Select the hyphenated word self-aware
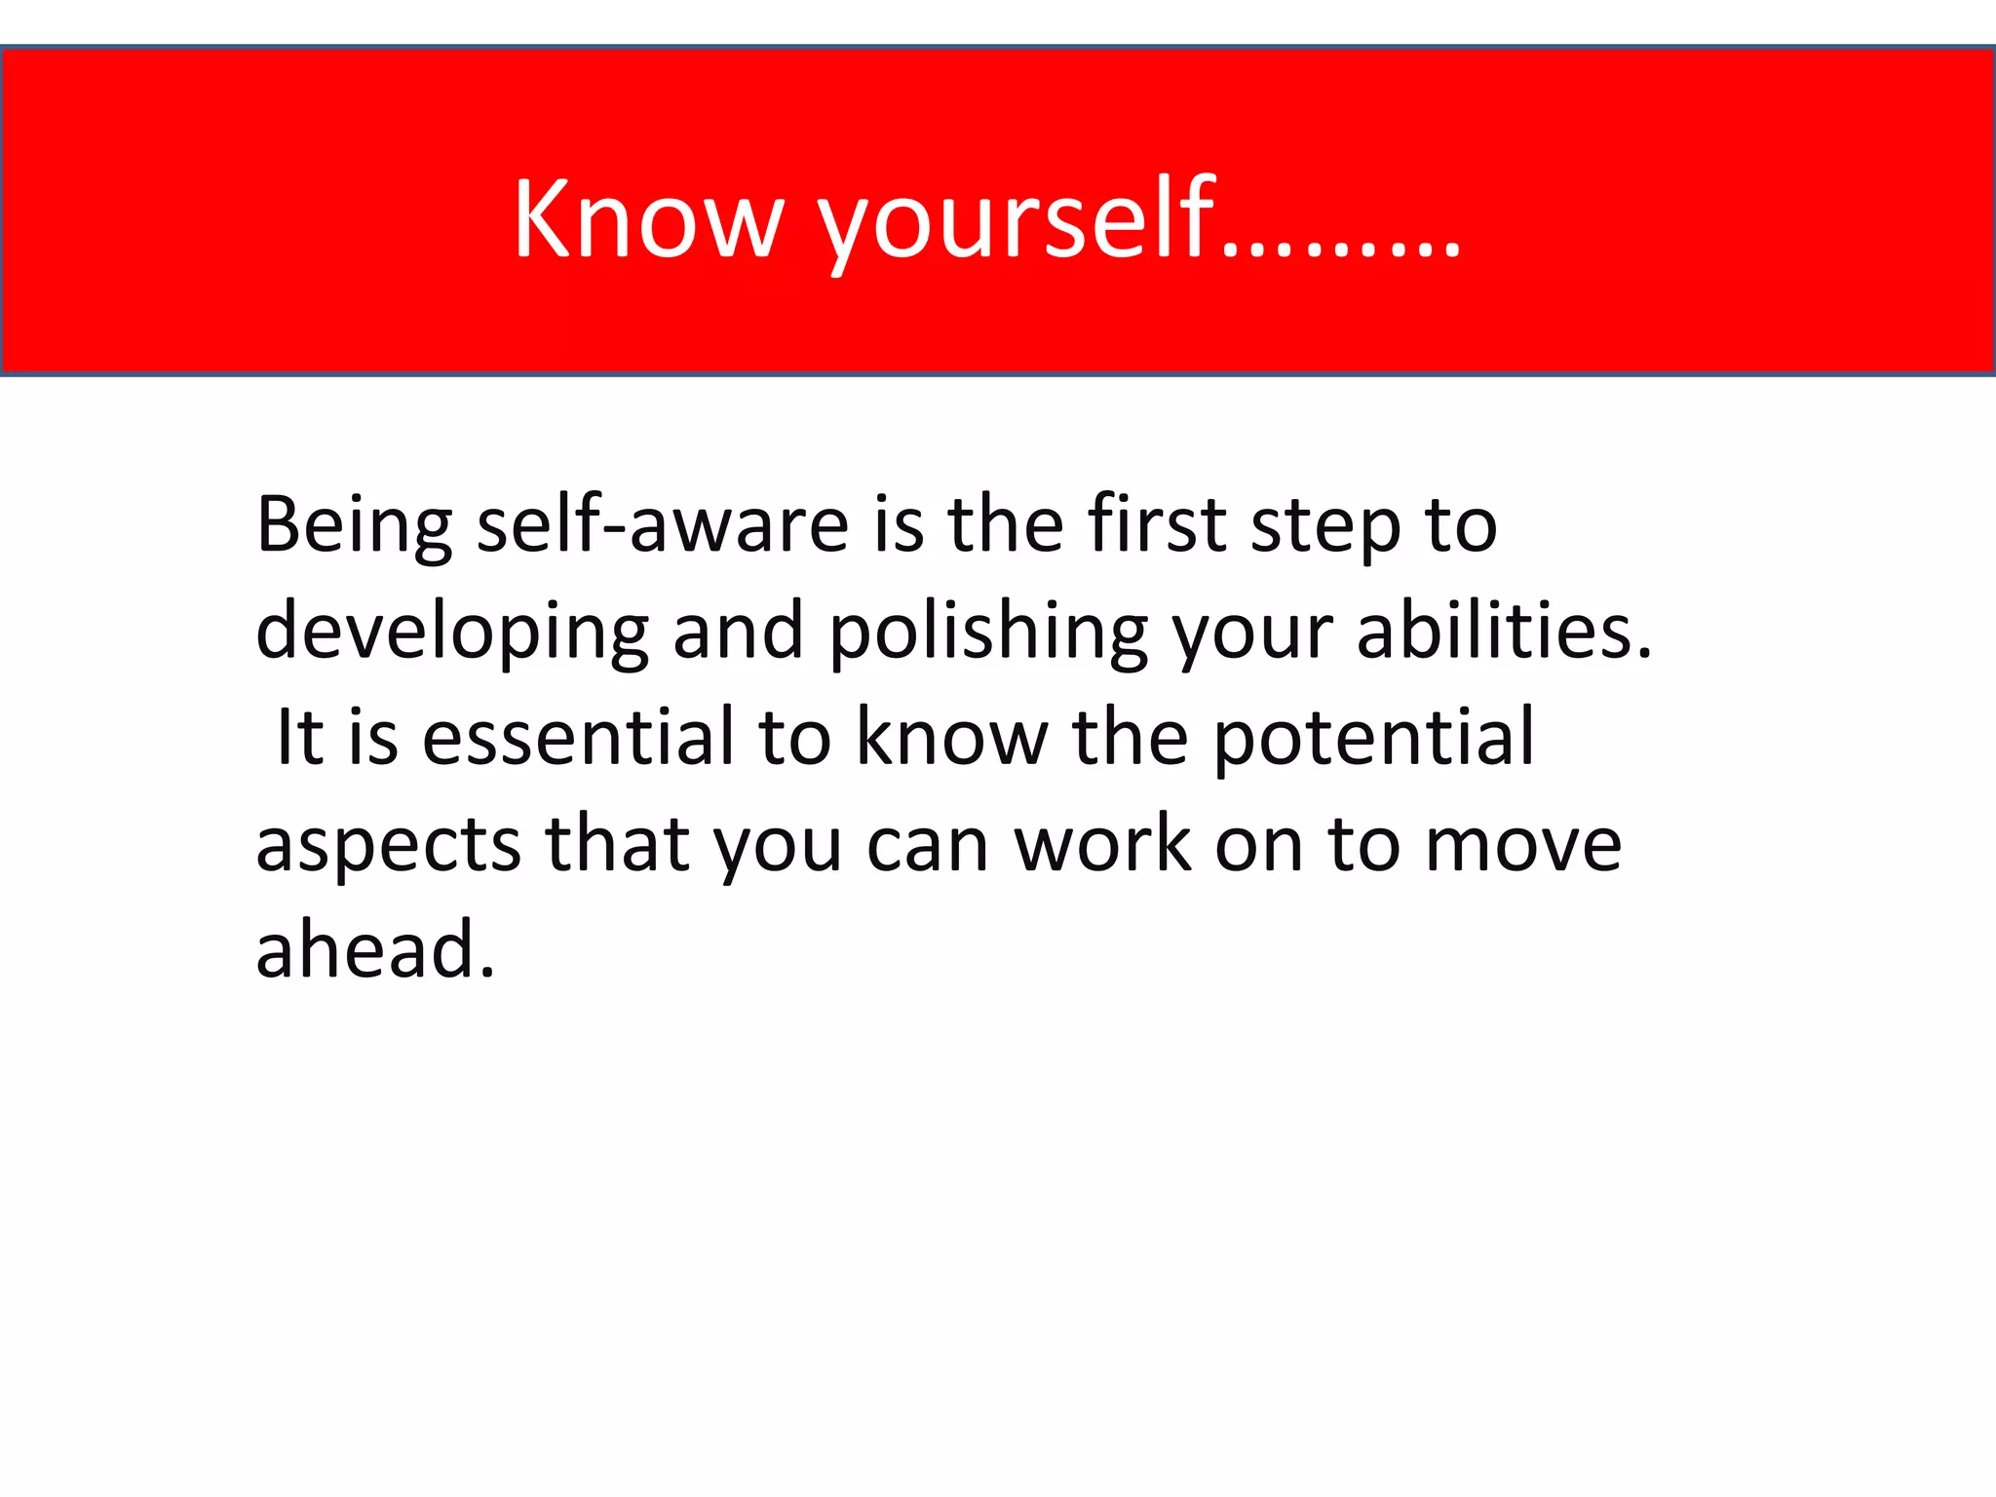tap(663, 526)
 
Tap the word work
tap(1102, 844)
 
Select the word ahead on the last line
tap(375, 949)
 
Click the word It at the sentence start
tap(299, 738)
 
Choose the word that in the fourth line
tap(618, 844)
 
